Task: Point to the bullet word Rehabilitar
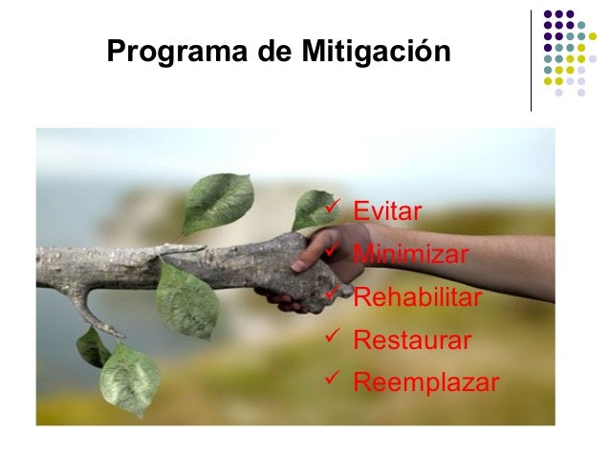click(418, 297)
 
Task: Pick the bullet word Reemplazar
click(426, 383)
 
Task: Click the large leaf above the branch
click(218, 202)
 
